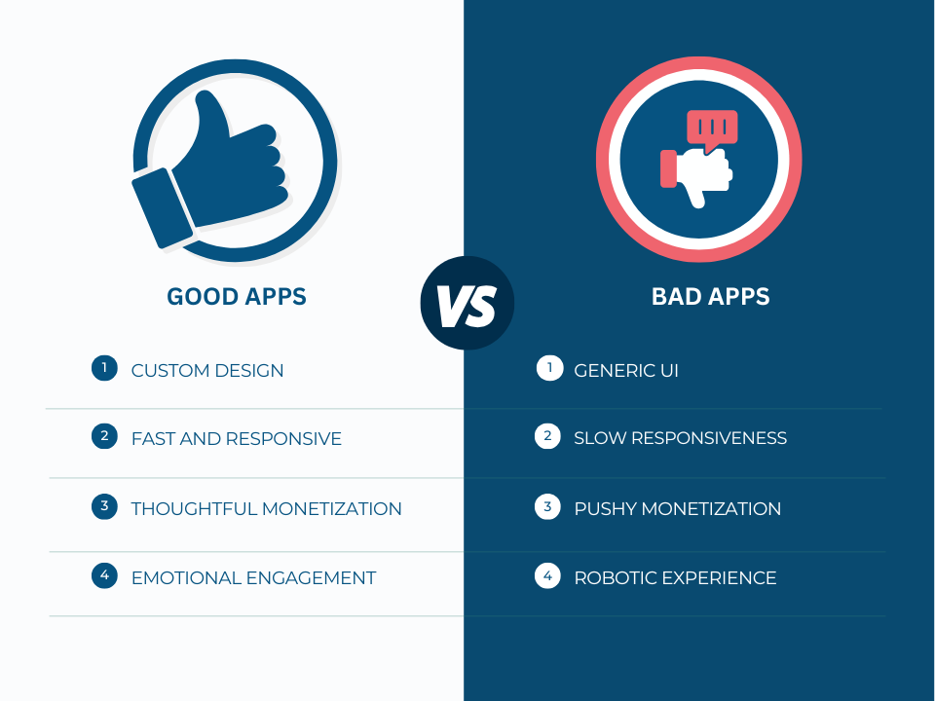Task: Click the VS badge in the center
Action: point(467,303)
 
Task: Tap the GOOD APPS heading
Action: point(237,297)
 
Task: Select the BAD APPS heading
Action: point(710,297)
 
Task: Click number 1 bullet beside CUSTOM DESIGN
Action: point(103,368)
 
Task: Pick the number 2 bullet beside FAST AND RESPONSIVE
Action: point(103,436)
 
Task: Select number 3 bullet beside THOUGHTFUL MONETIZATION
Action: point(103,506)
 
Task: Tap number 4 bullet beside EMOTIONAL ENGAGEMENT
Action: point(103,575)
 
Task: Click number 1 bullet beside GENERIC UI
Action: point(549,368)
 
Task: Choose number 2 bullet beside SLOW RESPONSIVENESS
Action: point(547,436)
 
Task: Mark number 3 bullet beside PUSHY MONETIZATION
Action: point(547,506)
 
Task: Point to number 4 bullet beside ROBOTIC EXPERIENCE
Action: point(547,575)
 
